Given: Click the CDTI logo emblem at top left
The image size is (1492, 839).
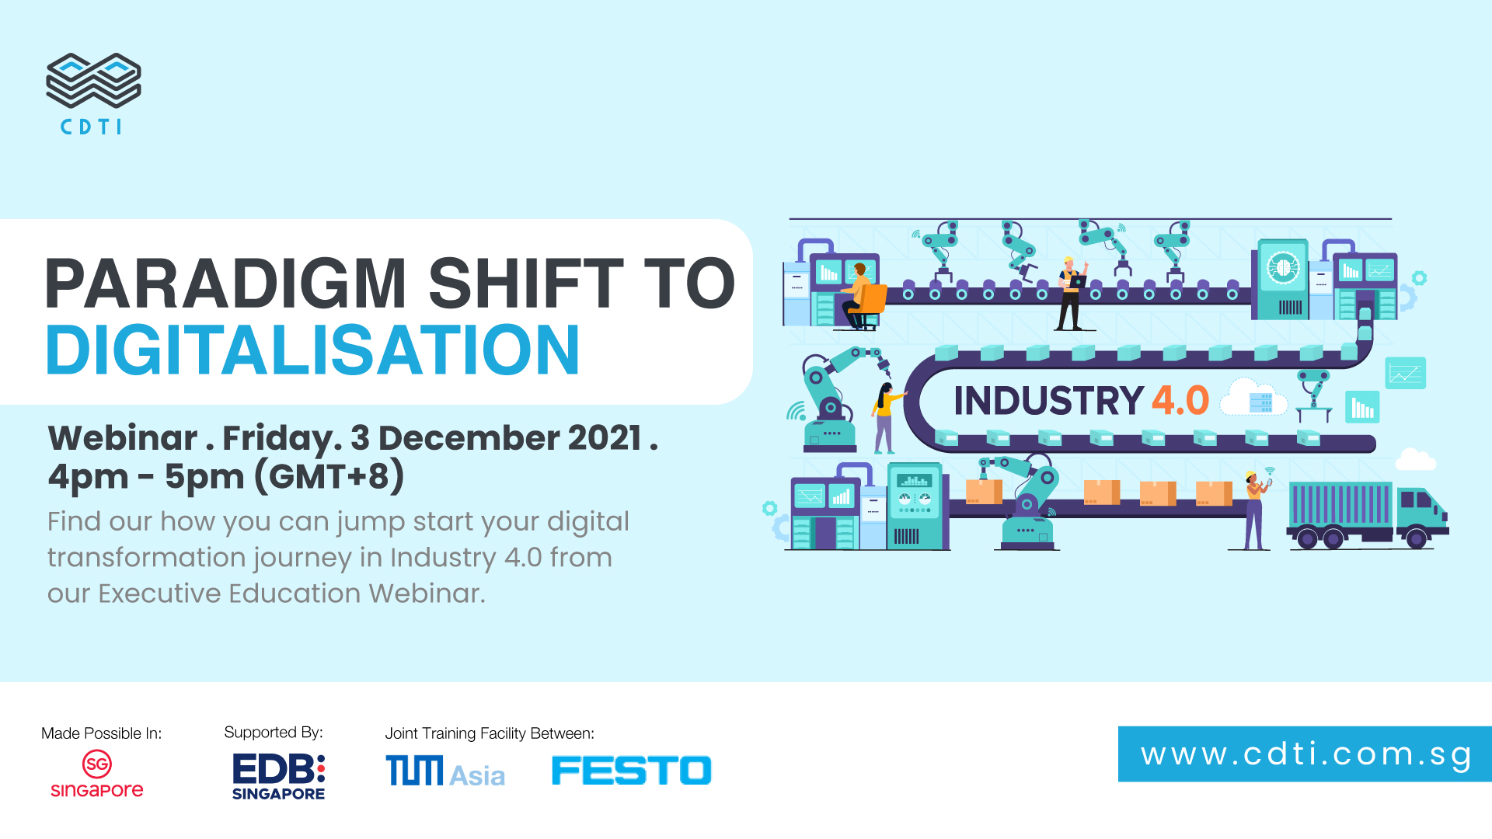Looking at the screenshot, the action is (x=93, y=81).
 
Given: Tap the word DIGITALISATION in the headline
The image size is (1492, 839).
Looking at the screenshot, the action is (x=313, y=350).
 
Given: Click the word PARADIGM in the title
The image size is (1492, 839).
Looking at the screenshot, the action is (x=226, y=284).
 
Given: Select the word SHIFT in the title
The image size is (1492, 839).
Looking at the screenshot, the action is (x=526, y=284).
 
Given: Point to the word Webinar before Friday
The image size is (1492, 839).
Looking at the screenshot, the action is (x=123, y=438).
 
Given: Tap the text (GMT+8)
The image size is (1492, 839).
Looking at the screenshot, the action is (x=330, y=476).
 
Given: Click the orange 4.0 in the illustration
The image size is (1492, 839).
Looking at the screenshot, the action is (x=1180, y=401).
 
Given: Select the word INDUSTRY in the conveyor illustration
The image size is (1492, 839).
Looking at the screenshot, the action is (x=1048, y=401).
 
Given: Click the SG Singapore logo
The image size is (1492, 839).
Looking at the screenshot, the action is (x=97, y=774).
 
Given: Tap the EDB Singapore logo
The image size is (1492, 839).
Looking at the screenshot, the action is (x=279, y=776).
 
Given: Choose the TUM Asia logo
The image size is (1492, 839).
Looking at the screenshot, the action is (x=445, y=771).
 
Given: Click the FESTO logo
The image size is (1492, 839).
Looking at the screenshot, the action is (x=631, y=771).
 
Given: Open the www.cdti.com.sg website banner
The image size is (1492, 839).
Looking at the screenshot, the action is (x=1305, y=754).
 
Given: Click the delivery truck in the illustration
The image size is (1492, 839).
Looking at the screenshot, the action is (x=1368, y=514).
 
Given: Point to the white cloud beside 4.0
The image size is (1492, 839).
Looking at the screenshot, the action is (x=1253, y=398).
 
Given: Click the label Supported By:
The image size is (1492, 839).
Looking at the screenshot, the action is (x=274, y=733).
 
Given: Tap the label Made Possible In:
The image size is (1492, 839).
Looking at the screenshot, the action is (x=102, y=733).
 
